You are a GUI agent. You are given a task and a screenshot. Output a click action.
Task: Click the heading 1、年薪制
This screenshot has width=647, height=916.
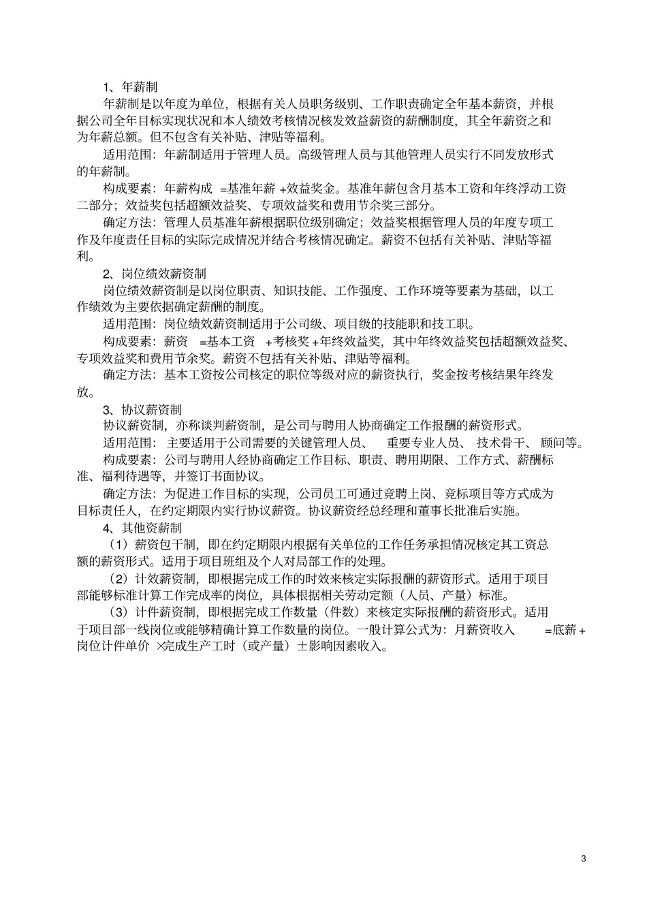pos(130,87)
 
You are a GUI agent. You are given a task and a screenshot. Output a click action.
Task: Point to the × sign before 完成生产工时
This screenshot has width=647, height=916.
pos(161,647)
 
